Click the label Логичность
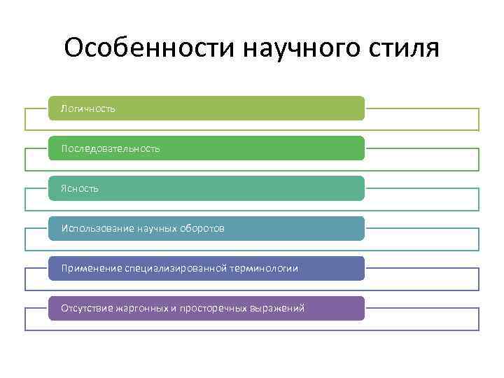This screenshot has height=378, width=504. pyautogui.click(x=88, y=108)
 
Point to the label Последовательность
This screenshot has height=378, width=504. pyautogui.click(x=111, y=148)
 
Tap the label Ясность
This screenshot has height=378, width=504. pyautogui.click(x=80, y=188)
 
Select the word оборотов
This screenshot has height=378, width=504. pyautogui.click(x=202, y=228)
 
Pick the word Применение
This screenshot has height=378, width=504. pyautogui.click(x=92, y=268)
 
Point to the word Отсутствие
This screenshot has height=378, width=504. pyautogui.click(x=85, y=308)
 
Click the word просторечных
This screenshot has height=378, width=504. pyautogui.click(x=213, y=308)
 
